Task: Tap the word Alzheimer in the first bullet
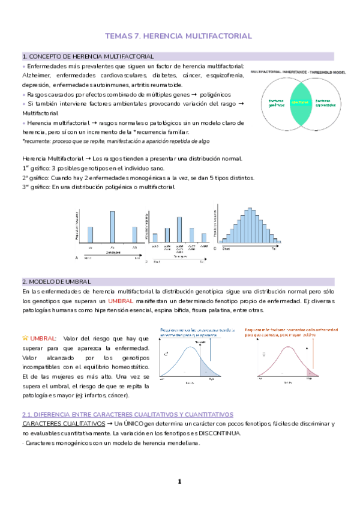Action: [x=37, y=75]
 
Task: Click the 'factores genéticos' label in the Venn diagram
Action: [x=276, y=103]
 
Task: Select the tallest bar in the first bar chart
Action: [x=112, y=226]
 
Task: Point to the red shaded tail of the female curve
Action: [x=310, y=369]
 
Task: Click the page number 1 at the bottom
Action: [x=179, y=481]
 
